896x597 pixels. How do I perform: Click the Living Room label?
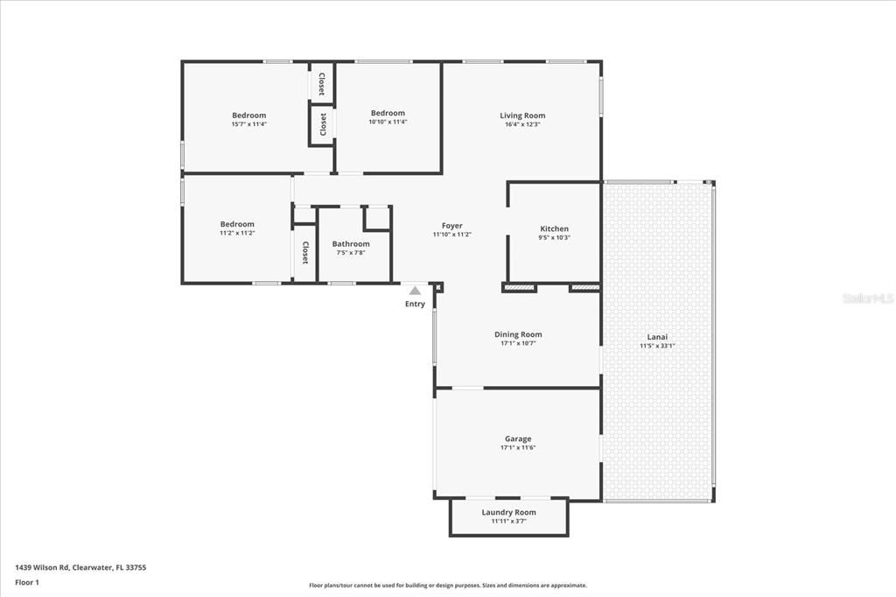522,116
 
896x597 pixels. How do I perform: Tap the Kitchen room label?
554,229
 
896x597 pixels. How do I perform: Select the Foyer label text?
451,226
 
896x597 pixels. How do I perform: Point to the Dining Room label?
518,334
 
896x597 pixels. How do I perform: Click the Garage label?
517,439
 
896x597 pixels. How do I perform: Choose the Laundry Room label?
508,512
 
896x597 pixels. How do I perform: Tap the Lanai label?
657,337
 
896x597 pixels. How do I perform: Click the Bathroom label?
350,244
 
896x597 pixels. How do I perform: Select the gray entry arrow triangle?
415,291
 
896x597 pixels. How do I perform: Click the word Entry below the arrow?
415,305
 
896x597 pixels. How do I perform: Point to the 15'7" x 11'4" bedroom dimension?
248,124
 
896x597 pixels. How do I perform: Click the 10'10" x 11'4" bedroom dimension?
388,122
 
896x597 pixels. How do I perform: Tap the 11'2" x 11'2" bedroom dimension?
237,233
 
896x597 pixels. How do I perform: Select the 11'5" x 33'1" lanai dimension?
657,346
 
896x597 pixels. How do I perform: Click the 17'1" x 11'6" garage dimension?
517,447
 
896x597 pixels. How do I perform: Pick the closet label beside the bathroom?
305,253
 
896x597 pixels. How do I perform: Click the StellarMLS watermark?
867,298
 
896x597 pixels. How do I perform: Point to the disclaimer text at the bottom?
447,586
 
